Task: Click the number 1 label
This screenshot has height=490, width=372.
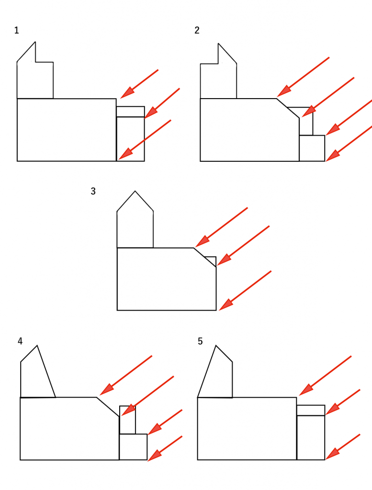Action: coord(17,31)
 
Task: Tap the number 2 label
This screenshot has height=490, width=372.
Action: coord(197,31)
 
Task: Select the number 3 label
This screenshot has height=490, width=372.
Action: coord(93,191)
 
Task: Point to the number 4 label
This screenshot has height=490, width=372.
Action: coord(20,341)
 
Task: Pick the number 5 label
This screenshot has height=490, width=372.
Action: coord(200,341)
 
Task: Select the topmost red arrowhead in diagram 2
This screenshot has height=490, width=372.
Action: coord(283,91)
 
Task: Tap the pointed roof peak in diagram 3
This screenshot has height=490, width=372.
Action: coord(135,192)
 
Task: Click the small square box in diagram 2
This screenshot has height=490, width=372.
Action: coord(312,148)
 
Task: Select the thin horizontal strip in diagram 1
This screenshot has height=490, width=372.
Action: coord(130,111)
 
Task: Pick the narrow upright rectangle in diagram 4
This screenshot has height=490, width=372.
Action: coord(127,420)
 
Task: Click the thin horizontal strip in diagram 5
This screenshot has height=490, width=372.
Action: coord(311,410)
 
